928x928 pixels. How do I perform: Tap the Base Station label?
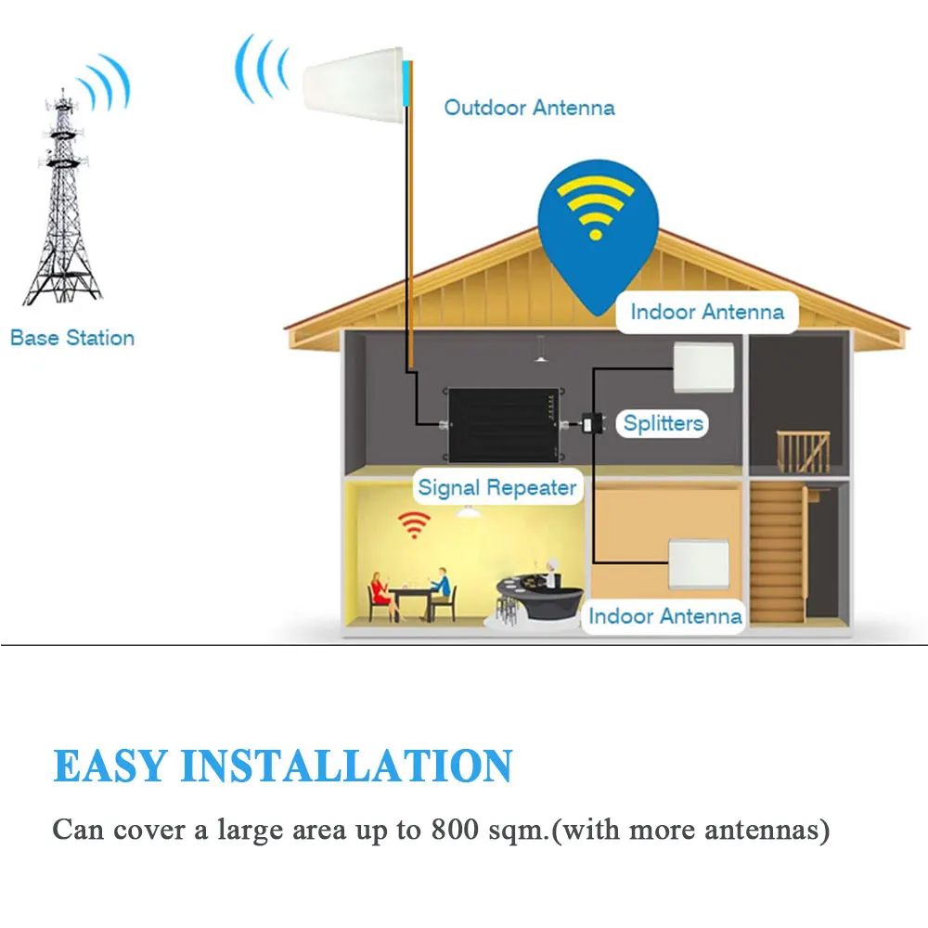[72, 338]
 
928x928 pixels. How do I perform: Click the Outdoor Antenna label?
[529, 108]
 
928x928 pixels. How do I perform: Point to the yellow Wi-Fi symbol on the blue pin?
[594, 208]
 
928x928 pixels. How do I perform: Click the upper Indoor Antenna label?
[707, 312]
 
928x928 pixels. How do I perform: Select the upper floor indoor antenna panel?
[702, 367]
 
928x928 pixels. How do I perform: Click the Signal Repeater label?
[497, 487]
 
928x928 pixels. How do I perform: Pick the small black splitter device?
[591, 424]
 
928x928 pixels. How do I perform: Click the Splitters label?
[663, 424]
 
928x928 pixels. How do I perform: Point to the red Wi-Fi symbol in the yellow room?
[414, 524]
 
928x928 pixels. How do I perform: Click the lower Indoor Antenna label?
[665, 615]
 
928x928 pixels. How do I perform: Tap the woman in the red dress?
[379, 593]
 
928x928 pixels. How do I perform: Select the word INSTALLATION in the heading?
[346, 767]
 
